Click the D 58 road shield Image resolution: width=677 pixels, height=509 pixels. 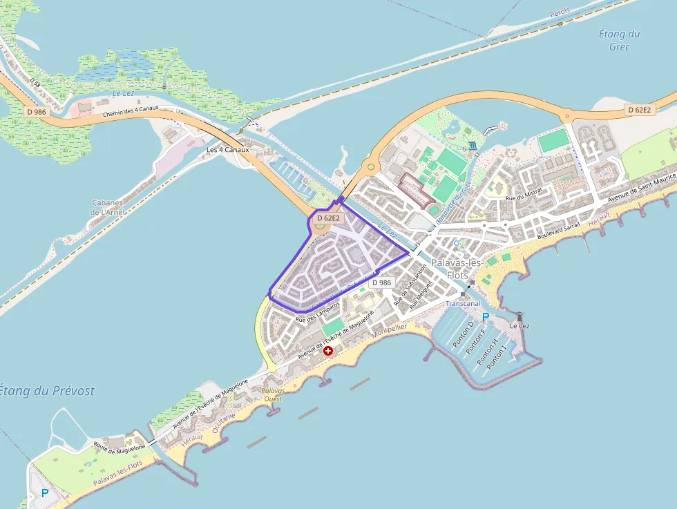[35, 81]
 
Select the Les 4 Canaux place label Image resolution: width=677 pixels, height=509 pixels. [227, 150]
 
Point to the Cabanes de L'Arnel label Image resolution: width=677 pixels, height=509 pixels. [107, 207]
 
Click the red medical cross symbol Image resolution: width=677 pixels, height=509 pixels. [328, 351]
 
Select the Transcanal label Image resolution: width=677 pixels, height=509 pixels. [463, 303]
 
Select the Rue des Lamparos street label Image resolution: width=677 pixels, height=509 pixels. [317, 312]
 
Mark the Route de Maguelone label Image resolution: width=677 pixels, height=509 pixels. [120, 447]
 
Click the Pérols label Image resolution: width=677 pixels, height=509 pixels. [561, 13]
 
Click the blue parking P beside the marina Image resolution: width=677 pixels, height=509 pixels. [486, 317]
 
